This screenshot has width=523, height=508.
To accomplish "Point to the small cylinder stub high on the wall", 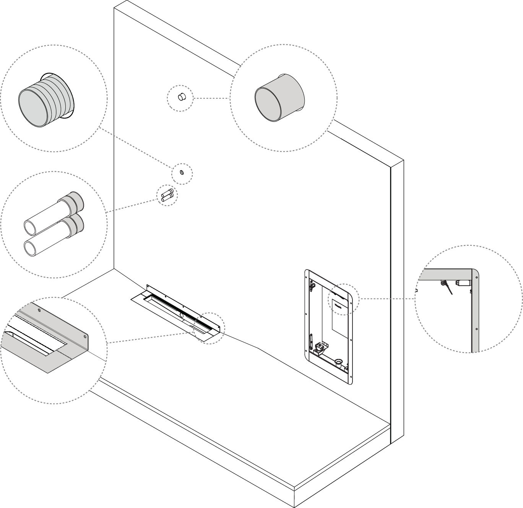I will tap(181, 97).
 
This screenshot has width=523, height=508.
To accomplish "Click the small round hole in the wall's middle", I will tap(182, 172).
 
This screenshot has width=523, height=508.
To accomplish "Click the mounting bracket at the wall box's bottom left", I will tap(320, 347).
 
